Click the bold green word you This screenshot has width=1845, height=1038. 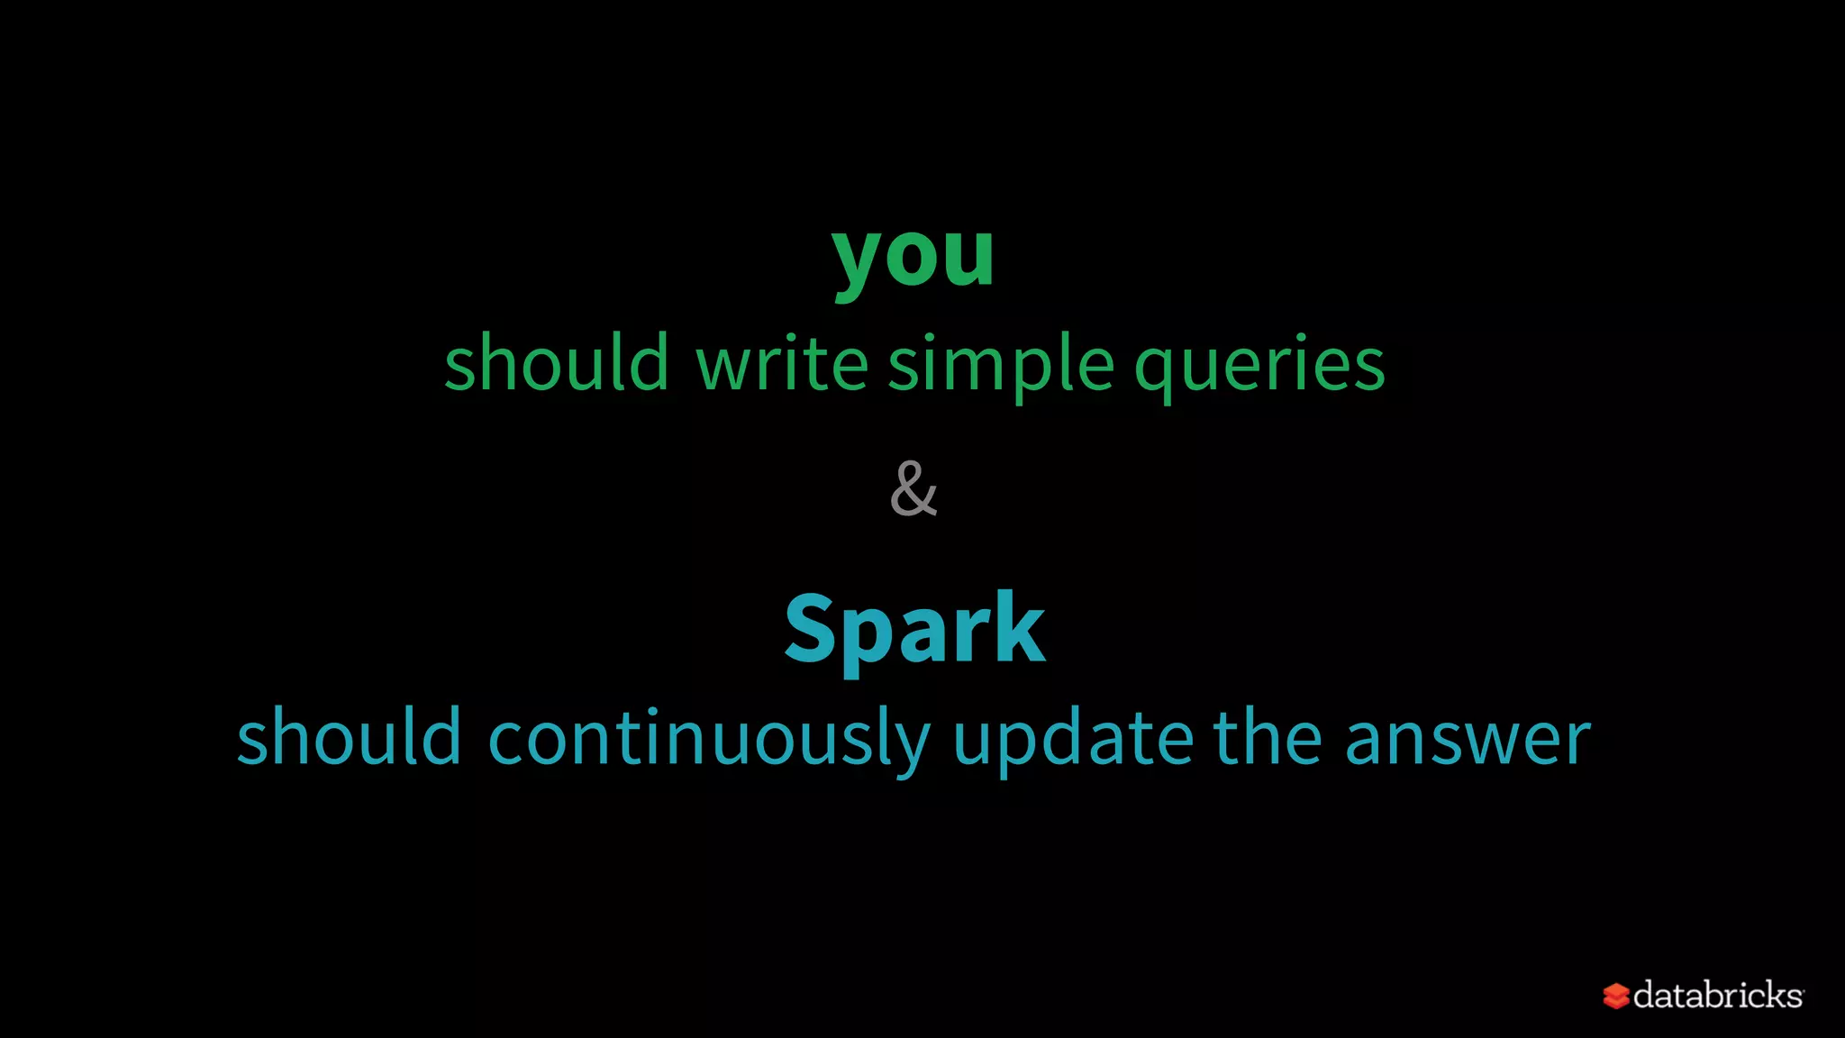click(913, 256)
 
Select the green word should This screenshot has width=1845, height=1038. click(556, 363)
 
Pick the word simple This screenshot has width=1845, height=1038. click(1002, 365)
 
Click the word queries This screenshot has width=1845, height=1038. click(1259, 365)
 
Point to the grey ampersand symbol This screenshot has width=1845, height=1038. click(913, 489)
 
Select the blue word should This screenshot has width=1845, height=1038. click(349, 738)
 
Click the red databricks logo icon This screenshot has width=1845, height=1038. click(1615, 996)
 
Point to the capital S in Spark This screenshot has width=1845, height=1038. click(813, 629)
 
